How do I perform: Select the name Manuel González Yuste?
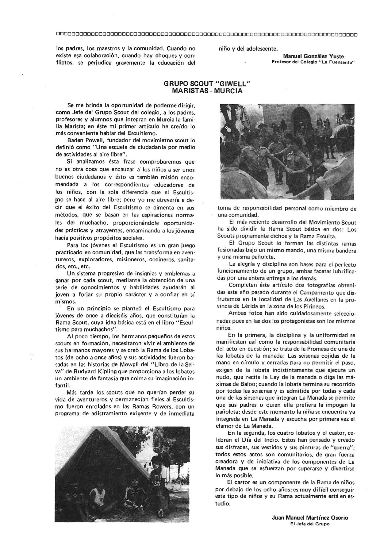(313, 56)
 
